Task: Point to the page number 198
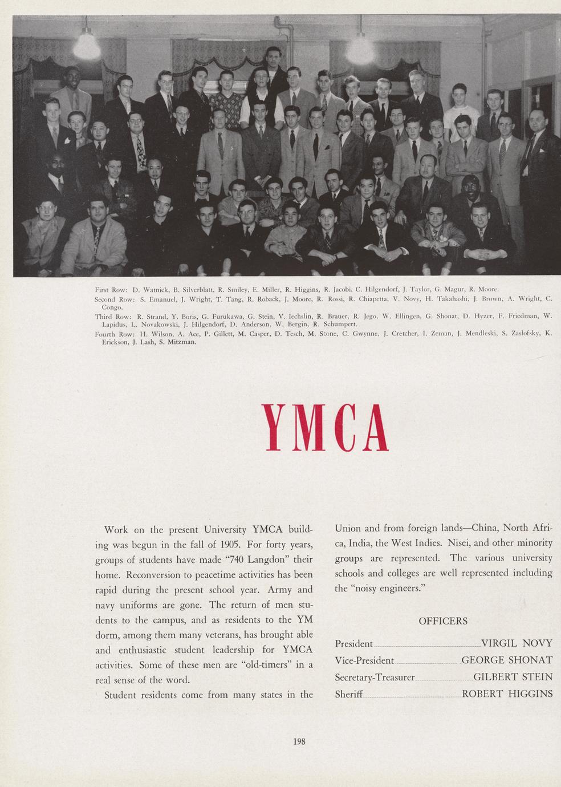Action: (x=299, y=742)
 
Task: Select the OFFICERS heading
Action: (x=443, y=621)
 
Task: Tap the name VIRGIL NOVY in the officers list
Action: (x=517, y=643)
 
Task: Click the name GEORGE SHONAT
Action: (x=506, y=660)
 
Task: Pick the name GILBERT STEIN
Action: (x=513, y=677)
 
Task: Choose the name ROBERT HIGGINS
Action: (x=507, y=693)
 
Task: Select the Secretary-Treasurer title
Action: (x=375, y=677)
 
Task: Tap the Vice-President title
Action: (x=364, y=660)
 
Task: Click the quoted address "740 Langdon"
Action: (x=254, y=560)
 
